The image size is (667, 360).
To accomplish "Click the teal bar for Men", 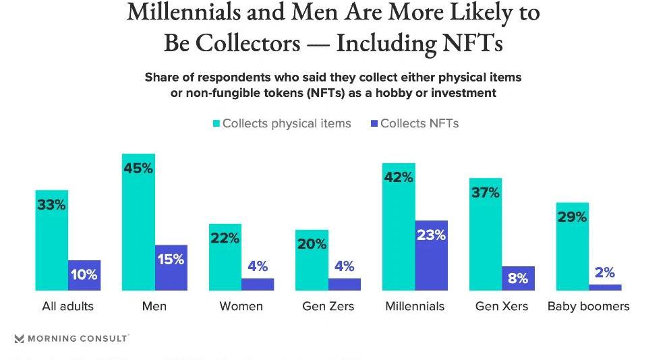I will (138, 222).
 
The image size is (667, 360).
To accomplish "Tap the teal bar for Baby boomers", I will (572, 247).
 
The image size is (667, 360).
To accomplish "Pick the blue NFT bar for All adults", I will (84, 276).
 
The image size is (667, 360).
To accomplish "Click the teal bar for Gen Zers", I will (312, 260).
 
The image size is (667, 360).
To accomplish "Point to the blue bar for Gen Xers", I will (518, 278).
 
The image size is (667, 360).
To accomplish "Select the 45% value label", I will (138, 168).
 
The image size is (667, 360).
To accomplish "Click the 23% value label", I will (431, 235).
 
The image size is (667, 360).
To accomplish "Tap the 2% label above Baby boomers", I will (605, 272).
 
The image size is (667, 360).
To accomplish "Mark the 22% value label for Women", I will (225, 238).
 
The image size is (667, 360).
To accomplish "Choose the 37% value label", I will (486, 193).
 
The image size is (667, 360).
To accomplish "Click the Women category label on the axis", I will (241, 306).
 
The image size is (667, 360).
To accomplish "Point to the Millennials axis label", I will (415, 306).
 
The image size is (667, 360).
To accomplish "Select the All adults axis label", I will (67, 306).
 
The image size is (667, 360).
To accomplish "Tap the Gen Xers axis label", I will (502, 306).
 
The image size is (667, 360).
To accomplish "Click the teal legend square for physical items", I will (217, 123).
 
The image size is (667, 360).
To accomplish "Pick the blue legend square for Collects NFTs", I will (374, 123).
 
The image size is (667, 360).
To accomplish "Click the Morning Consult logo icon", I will (19, 338).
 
